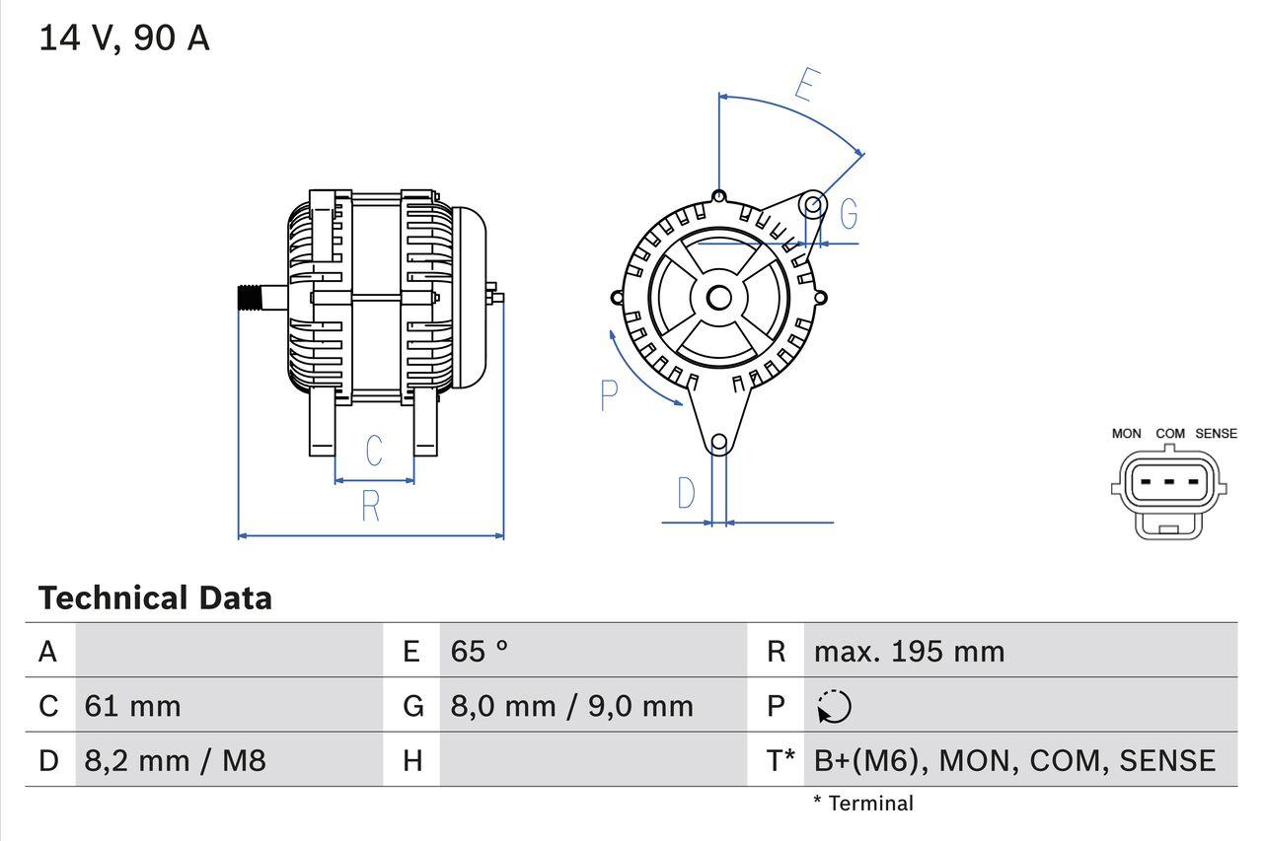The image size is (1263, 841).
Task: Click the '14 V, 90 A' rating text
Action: [124, 38]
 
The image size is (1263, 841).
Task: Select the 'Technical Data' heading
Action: [155, 598]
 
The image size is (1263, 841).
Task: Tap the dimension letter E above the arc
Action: [806, 86]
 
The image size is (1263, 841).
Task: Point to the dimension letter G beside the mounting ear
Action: [848, 213]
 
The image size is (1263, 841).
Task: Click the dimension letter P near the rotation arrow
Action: [609, 395]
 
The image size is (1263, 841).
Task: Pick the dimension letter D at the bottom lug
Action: [686, 493]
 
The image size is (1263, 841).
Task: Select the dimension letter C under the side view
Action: [374, 451]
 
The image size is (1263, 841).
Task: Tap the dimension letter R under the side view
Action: [370, 506]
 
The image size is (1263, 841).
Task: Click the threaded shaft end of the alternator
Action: [252, 298]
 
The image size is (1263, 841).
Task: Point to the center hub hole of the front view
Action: [719, 297]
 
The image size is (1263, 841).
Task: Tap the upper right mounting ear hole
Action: [812, 205]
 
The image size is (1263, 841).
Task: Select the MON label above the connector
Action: [1126, 434]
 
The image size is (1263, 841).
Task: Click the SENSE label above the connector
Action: [1216, 434]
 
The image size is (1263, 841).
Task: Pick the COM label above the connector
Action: [1170, 434]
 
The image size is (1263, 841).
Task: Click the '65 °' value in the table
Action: [480, 652]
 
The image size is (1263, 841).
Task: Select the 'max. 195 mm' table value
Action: [909, 652]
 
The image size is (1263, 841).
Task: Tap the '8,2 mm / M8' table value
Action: [175, 760]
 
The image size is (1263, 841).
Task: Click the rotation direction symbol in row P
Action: [835, 707]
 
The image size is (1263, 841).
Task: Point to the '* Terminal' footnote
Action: [863, 804]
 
